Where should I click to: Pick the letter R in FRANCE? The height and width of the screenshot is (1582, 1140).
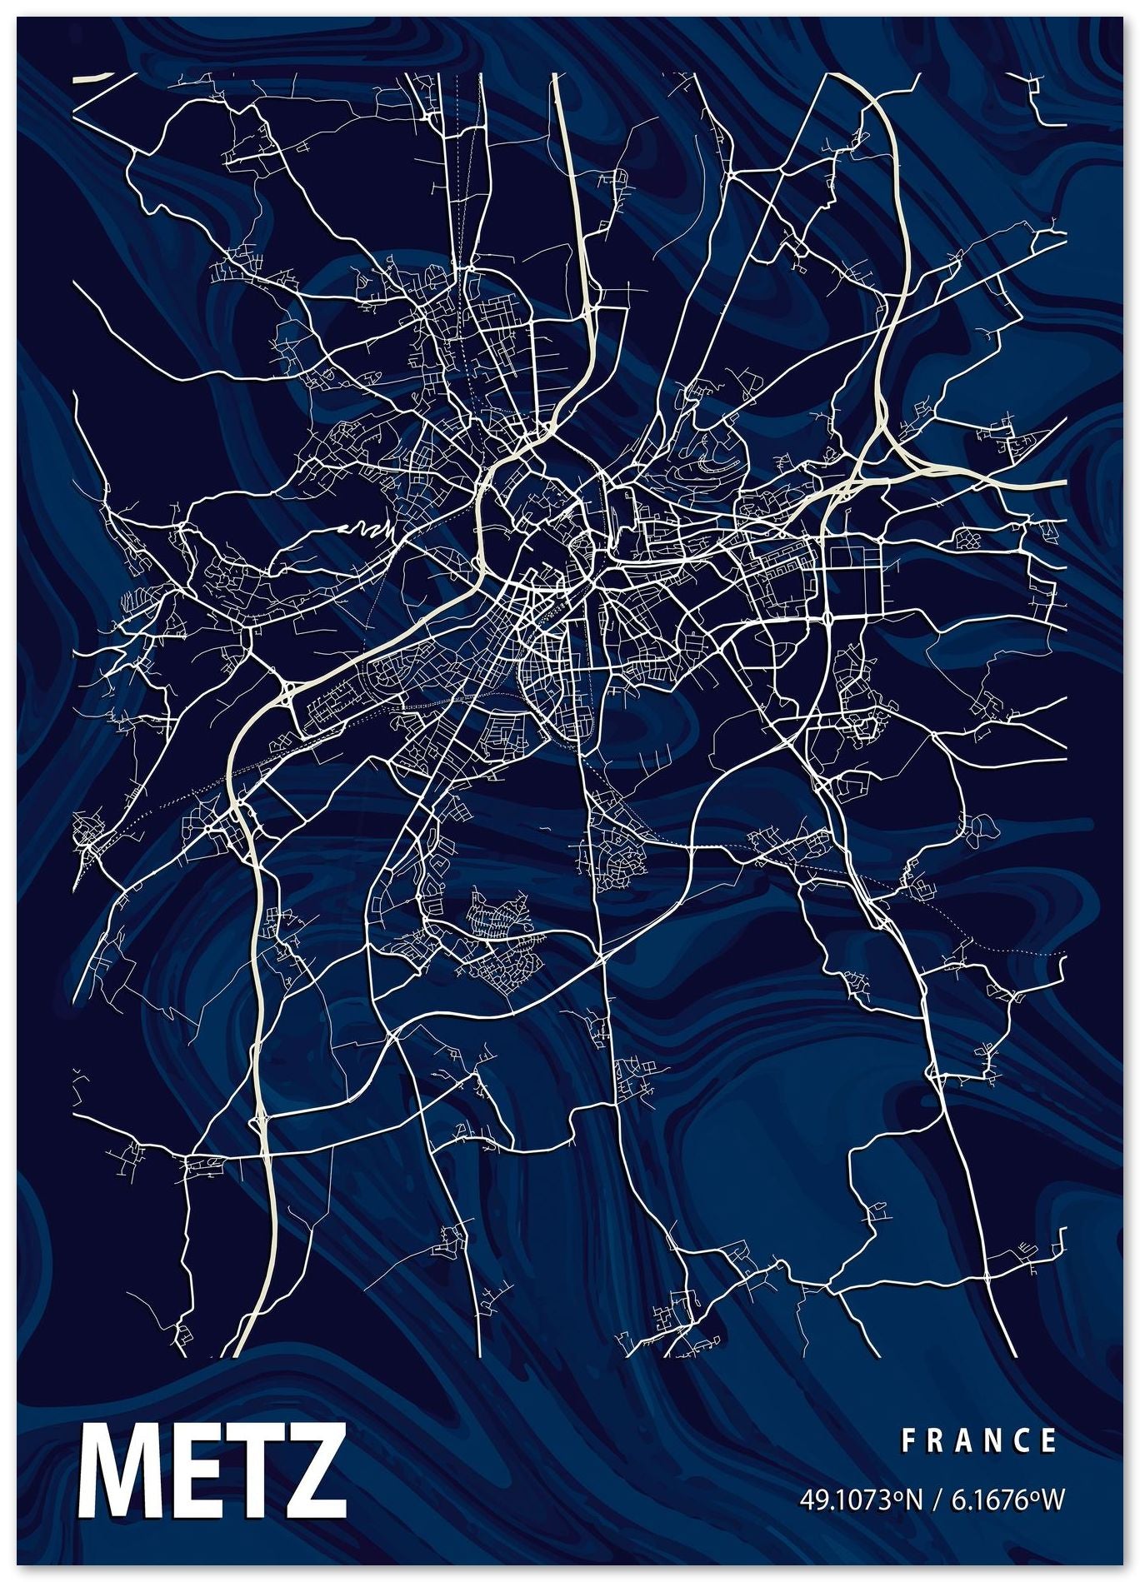[935, 1440]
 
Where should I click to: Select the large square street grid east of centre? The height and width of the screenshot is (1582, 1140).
[854, 574]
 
